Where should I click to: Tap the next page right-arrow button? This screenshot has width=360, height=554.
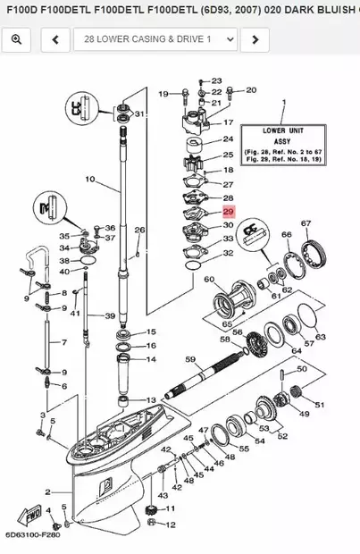click(x=255, y=40)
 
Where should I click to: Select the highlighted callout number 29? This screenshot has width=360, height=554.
click(x=228, y=212)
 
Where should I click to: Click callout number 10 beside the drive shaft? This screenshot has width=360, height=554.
click(x=89, y=180)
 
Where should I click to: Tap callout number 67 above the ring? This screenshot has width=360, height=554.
click(x=306, y=223)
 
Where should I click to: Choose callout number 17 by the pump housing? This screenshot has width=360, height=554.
click(x=228, y=122)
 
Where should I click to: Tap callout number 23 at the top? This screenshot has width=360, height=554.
click(x=216, y=80)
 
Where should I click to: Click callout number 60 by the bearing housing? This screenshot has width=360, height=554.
click(x=209, y=281)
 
